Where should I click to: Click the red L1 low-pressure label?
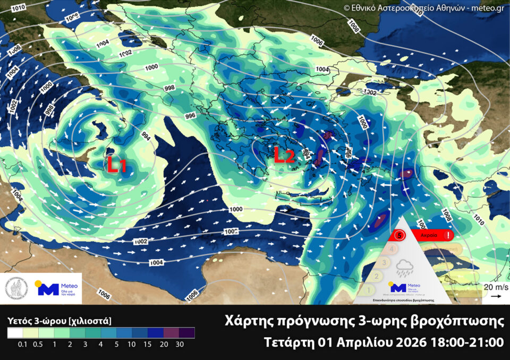click(x=116, y=166)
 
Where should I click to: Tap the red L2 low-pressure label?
click(x=284, y=155)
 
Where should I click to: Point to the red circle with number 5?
click(x=399, y=234)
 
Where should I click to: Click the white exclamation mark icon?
click(x=449, y=234)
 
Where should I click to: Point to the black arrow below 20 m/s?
click(x=494, y=296)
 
